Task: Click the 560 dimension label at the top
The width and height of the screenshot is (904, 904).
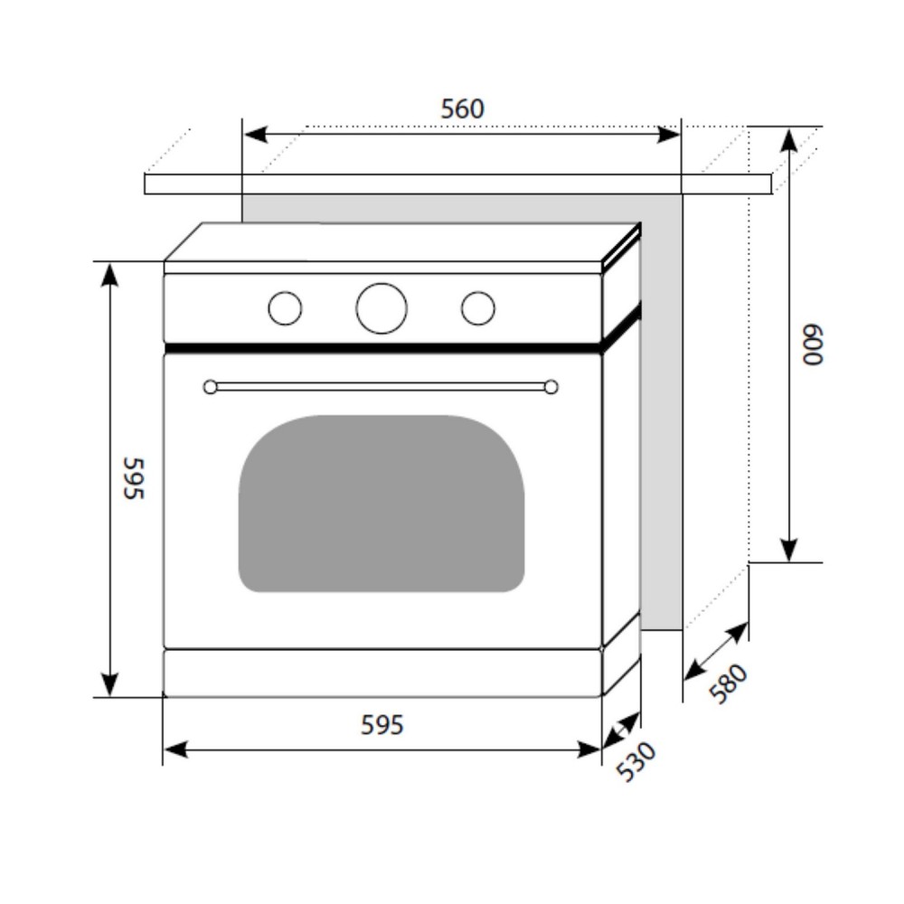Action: tap(462, 109)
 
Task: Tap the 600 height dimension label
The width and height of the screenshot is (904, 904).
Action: tap(813, 344)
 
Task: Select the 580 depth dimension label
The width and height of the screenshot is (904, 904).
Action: tap(728, 683)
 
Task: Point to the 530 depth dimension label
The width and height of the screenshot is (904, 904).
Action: tap(636, 761)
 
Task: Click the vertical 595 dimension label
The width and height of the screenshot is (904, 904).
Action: tap(134, 478)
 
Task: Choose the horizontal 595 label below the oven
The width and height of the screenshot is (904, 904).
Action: tap(381, 725)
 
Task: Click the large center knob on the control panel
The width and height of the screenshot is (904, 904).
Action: tap(381, 308)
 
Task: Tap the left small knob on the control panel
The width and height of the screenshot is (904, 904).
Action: tap(285, 308)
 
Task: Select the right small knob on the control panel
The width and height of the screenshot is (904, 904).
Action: tap(478, 308)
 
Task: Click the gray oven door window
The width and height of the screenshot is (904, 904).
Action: tap(381, 504)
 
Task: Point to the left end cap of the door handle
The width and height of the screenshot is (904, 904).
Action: tap(211, 387)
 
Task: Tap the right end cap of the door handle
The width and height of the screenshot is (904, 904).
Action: tap(551, 387)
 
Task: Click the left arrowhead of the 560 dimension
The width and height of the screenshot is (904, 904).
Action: tap(256, 135)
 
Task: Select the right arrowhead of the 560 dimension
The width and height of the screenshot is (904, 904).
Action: tap(669, 135)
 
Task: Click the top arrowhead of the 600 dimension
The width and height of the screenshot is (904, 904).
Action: tap(788, 141)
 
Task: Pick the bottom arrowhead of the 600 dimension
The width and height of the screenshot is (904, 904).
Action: tap(788, 550)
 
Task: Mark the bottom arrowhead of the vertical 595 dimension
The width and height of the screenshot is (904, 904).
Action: tap(109, 684)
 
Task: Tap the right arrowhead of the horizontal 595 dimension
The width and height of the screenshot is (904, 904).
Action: tap(589, 750)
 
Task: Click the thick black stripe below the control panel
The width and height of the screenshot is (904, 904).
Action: tap(383, 348)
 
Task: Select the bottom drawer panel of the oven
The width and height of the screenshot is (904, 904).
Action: tap(383, 673)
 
